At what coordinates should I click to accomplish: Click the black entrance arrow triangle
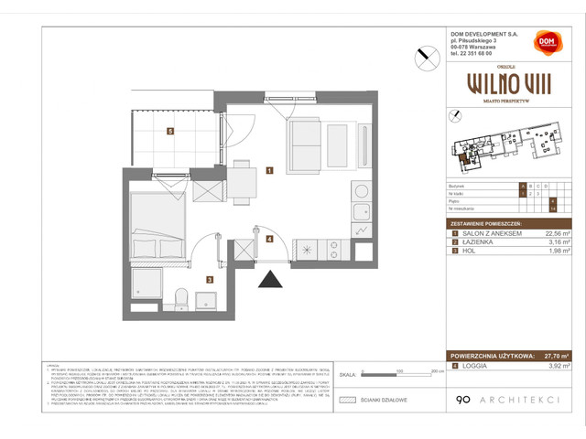[x=270, y=283]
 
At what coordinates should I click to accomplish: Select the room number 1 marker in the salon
[x=269, y=170]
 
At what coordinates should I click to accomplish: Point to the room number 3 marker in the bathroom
[x=210, y=281]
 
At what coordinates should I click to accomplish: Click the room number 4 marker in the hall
[x=269, y=239]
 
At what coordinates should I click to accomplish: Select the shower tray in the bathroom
[x=146, y=286]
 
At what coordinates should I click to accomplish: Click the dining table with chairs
[x=241, y=179]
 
